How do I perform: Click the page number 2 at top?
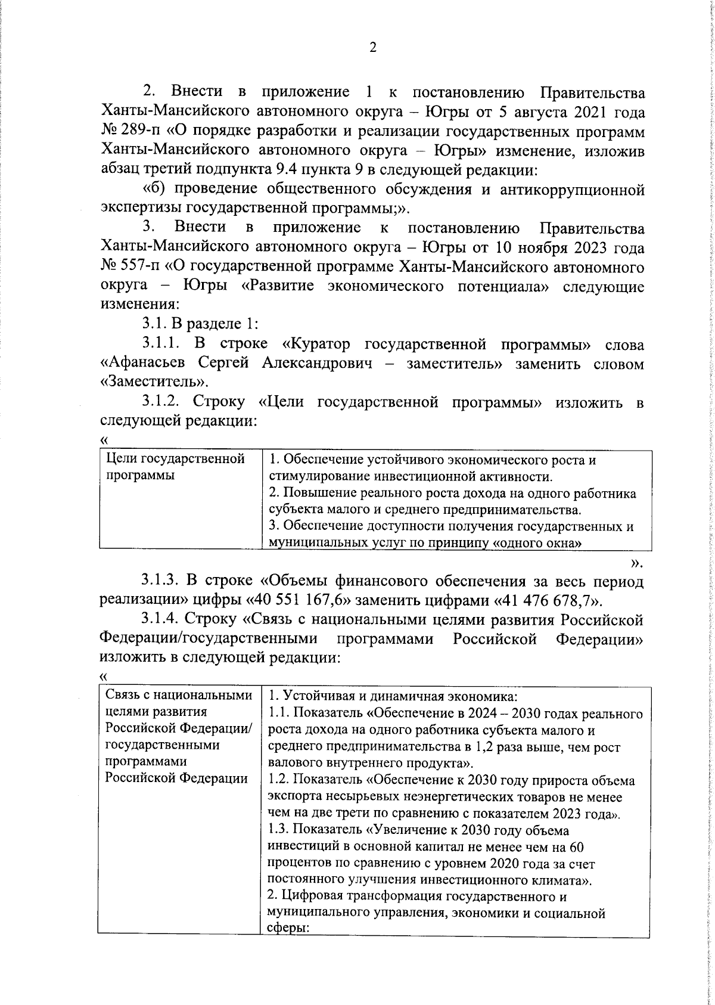tap(373, 48)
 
